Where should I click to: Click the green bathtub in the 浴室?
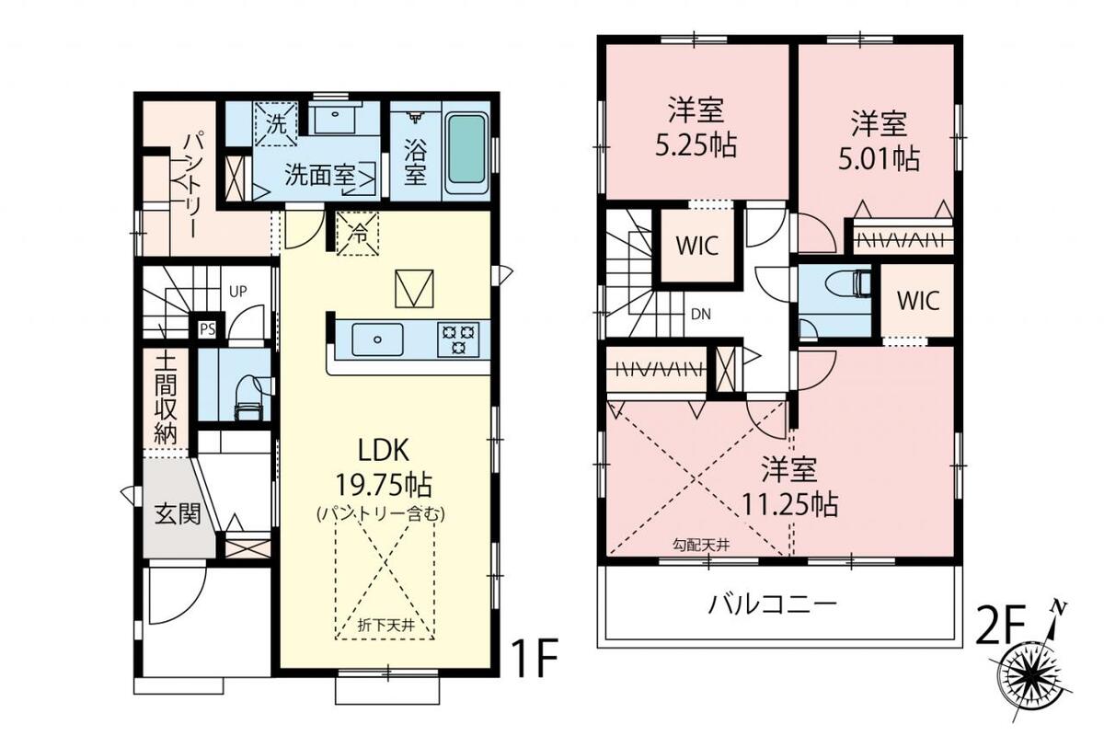pyautogui.click(x=466, y=155)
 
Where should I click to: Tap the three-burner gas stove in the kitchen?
pyautogui.click(x=458, y=339)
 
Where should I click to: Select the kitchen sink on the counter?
pyautogui.click(x=377, y=339)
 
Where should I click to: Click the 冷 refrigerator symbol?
pyautogui.click(x=357, y=234)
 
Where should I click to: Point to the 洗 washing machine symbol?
pyautogui.click(x=276, y=124)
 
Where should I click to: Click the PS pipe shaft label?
pyautogui.click(x=208, y=329)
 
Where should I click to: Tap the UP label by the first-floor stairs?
pyautogui.click(x=237, y=292)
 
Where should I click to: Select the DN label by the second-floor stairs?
pyautogui.click(x=701, y=314)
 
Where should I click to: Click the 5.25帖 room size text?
pyautogui.click(x=696, y=145)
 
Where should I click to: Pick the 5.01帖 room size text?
pyautogui.click(x=879, y=159)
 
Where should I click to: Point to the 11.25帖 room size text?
pyautogui.click(x=789, y=504)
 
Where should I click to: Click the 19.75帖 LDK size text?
pyautogui.click(x=384, y=485)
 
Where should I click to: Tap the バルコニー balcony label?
pyautogui.click(x=772, y=604)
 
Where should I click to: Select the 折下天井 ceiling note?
pyautogui.click(x=385, y=626)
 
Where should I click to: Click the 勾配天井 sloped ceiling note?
pyautogui.click(x=701, y=545)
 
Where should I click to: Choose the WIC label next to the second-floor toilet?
pyautogui.click(x=918, y=300)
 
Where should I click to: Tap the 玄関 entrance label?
pyautogui.click(x=178, y=514)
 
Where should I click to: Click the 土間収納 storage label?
pyautogui.click(x=165, y=399)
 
